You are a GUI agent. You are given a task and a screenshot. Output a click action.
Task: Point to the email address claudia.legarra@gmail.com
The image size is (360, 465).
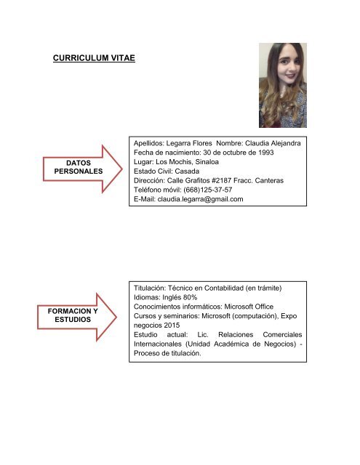(200, 199)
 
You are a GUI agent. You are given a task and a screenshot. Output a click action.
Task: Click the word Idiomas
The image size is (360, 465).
(149, 297)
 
